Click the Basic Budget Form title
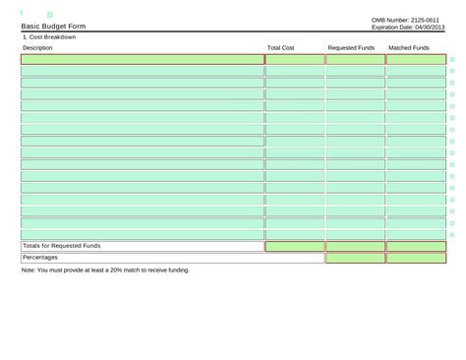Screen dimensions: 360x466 (53, 27)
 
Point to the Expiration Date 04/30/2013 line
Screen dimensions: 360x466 (408, 28)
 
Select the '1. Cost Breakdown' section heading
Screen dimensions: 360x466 (49, 37)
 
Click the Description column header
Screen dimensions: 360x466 (37, 47)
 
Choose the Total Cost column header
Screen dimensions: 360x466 (281, 47)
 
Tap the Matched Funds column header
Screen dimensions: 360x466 (409, 47)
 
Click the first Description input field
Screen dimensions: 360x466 (143, 60)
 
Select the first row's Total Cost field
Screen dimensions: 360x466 (295, 60)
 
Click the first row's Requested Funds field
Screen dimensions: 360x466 (355, 60)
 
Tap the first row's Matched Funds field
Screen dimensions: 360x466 (415, 60)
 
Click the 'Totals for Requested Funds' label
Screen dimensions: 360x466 (62, 246)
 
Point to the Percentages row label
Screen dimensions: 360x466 (40, 258)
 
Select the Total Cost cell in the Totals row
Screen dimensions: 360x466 (295, 246)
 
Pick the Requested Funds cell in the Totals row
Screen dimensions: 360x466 (355, 246)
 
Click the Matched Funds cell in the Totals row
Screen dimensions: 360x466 (415, 246)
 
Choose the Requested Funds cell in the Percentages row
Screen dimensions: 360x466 (355, 258)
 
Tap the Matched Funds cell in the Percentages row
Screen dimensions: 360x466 (415, 258)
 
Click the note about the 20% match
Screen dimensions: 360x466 (105, 270)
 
